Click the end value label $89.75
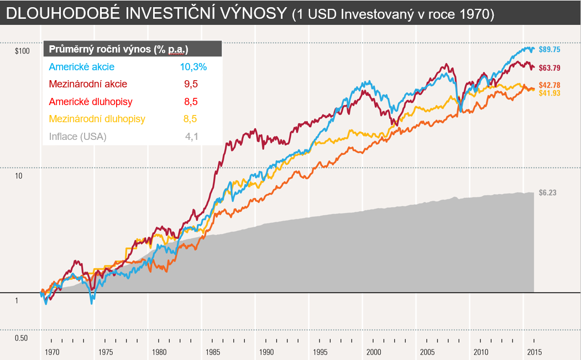pos(549,49)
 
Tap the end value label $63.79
pos(549,68)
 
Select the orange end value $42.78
pos(549,85)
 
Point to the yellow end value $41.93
pos(549,93)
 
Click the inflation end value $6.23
pos(548,192)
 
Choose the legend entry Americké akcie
pos(81,67)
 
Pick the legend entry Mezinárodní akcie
pos(88,84)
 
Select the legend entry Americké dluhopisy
pos(91,102)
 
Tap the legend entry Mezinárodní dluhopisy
pos(97,119)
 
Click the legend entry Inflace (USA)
pos(77,137)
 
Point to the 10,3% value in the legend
pos(193,67)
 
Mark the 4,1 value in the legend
pos(192,137)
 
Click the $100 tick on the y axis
pos(22,51)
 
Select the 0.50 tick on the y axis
pos(21,338)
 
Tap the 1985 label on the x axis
pos(213,352)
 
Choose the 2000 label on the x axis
pos(374,352)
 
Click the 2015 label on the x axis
pos(535,352)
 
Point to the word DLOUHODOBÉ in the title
pos(64,13)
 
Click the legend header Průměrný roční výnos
pos(100,49)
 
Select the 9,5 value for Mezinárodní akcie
pos(191,84)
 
